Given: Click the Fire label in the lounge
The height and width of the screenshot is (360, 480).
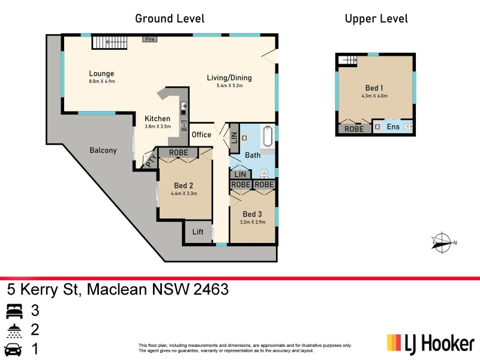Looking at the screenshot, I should (150, 39).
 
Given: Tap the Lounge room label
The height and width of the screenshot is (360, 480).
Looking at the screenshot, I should (101, 74).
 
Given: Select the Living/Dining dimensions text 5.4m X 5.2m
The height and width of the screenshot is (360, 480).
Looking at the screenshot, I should (229, 86).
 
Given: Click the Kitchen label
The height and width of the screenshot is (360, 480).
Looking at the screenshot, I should (157, 118).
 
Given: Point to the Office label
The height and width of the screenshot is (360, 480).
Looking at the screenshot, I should (201, 134).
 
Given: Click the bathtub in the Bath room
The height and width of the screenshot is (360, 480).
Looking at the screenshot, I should (268, 137).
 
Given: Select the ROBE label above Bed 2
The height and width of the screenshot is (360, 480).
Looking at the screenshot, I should (178, 153).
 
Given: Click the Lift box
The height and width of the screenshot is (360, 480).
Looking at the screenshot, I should (198, 232).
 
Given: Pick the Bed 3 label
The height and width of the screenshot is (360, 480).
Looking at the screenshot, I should (252, 214).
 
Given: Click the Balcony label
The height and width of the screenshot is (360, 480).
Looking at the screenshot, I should (103, 150).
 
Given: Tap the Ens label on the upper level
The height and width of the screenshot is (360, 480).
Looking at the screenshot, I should (393, 127).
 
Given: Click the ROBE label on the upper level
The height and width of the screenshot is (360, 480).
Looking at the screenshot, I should (354, 128).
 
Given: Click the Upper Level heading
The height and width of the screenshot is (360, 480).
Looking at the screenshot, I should (376, 19).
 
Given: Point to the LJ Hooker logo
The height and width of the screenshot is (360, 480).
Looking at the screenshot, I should (430, 344).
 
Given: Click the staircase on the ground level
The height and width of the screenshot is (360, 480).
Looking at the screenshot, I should (110, 42).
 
